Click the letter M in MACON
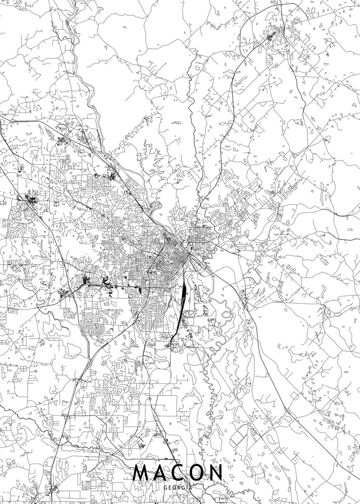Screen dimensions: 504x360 point(142,473)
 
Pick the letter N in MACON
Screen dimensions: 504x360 point(215,473)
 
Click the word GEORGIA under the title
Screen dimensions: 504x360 point(178,488)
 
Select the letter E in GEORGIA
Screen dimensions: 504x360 point(169,488)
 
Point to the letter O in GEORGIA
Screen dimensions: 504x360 point(174,488)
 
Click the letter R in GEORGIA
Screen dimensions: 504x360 point(179,488)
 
